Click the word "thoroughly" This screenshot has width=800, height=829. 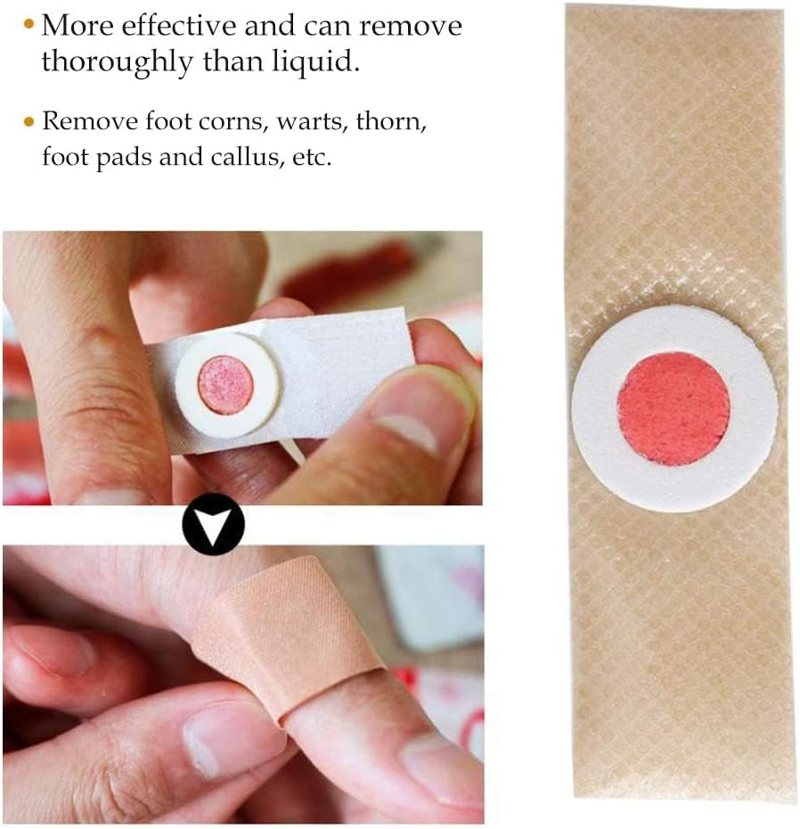(118, 62)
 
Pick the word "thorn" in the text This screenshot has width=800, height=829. (391, 121)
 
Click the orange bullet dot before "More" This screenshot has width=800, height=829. (29, 24)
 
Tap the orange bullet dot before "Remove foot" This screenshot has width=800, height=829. (29, 122)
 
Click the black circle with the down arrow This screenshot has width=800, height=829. (214, 524)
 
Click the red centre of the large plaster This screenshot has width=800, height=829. (674, 409)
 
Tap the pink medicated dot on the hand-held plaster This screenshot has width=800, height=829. (226, 385)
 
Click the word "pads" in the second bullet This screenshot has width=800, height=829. (124, 158)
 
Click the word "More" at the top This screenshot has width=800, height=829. (78, 25)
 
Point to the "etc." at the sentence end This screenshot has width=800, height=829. (313, 158)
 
